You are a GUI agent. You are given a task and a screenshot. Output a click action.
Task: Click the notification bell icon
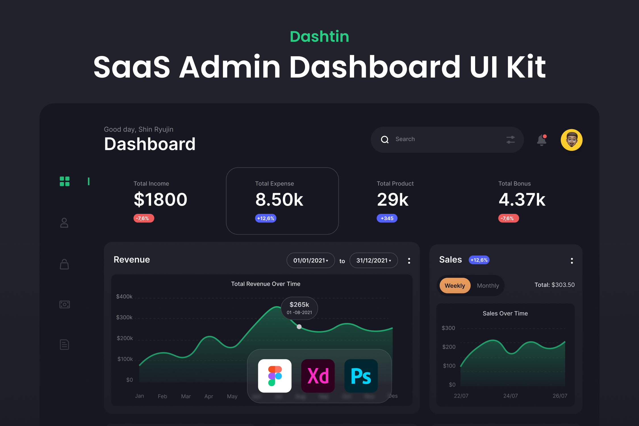pyautogui.click(x=542, y=140)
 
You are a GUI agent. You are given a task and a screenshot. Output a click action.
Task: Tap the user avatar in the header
pyautogui.click(x=571, y=140)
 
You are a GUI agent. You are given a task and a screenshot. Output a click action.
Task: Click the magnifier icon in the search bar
pyautogui.click(x=385, y=139)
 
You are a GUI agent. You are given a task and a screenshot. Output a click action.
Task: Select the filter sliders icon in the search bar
pyautogui.click(x=510, y=140)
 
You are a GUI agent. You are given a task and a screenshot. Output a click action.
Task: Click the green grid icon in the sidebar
pyautogui.click(x=64, y=181)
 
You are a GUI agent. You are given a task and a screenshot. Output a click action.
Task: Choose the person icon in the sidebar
pyautogui.click(x=64, y=223)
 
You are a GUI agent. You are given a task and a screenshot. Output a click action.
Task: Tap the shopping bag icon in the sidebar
pyautogui.click(x=64, y=264)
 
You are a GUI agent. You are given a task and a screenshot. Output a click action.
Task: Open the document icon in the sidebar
pyautogui.click(x=64, y=344)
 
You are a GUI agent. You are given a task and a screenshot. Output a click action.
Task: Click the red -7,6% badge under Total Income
pyautogui.click(x=144, y=218)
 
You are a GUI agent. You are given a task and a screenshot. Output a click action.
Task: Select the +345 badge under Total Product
pyautogui.click(x=387, y=218)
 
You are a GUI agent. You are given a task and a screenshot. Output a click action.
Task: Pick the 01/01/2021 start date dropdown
pyautogui.click(x=311, y=260)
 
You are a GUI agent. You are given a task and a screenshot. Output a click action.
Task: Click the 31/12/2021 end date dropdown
pyautogui.click(x=373, y=260)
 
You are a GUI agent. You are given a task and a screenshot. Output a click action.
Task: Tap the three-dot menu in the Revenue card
pyautogui.click(x=409, y=261)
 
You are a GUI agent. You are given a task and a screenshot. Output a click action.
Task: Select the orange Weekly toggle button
pyautogui.click(x=455, y=285)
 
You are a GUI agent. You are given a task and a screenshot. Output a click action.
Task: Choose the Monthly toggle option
pyautogui.click(x=488, y=285)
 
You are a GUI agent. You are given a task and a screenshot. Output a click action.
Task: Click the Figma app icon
pyautogui.click(x=275, y=376)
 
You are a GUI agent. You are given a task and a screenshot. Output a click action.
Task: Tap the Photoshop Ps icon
pyautogui.click(x=361, y=376)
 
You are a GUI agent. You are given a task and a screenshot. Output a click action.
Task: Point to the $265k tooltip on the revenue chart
pyautogui.click(x=299, y=308)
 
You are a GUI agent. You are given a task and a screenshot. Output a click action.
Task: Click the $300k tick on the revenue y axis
pyautogui.click(x=124, y=317)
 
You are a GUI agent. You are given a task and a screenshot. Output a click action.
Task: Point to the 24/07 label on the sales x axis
pyautogui.click(x=510, y=396)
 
